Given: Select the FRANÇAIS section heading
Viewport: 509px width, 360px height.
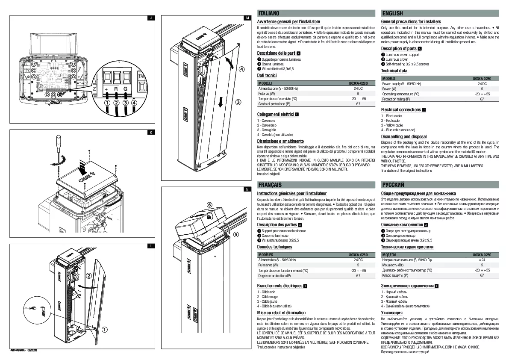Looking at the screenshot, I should tap(270, 185).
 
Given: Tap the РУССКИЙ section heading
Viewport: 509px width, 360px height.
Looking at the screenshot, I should tap(393, 185).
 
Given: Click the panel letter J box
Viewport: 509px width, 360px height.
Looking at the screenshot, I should tap(150, 18).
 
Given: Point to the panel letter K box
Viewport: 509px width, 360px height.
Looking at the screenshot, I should tap(150, 132).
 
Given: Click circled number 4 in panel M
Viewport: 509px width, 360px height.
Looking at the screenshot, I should tap(241, 69).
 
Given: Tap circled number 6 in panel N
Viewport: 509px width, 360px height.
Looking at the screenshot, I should tap(209, 205).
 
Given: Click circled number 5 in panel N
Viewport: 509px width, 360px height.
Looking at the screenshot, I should tap(235, 234).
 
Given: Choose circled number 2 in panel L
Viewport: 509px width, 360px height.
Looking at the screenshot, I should tap(89, 276).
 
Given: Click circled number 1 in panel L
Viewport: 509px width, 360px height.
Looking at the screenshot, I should tap(104, 329).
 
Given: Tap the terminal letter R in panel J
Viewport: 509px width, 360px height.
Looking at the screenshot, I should tap(115, 89).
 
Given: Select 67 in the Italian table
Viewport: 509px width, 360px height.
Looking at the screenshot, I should tap(358, 104).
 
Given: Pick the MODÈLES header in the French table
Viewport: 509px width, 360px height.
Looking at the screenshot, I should tap(268, 254).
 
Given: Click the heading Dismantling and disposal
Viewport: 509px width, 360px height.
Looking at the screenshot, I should tap(403, 137).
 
